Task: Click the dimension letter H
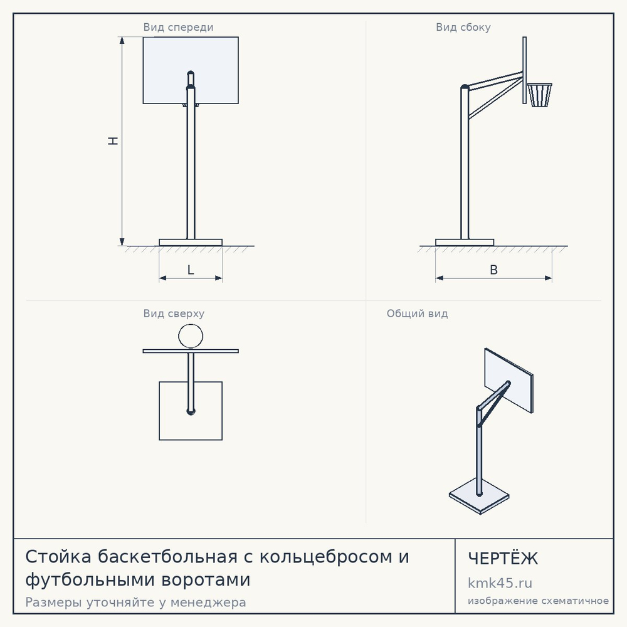pos(113,140)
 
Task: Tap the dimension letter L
pos(191,270)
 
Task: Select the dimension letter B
pos(494,270)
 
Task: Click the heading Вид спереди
pos(178,27)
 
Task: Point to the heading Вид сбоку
pos(463,27)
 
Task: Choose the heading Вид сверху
pos(174,313)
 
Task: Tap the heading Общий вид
pos(417,313)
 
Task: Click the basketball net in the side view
pos(540,95)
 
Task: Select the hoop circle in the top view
pos(191,324)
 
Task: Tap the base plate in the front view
pos(191,243)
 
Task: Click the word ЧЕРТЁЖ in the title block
pos(503,559)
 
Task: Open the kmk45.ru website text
pos(500,583)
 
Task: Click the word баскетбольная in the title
pos(167,557)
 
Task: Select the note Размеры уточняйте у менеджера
pos(135,602)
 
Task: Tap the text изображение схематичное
pos(538,601)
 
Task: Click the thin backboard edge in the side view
pos(525,70)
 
